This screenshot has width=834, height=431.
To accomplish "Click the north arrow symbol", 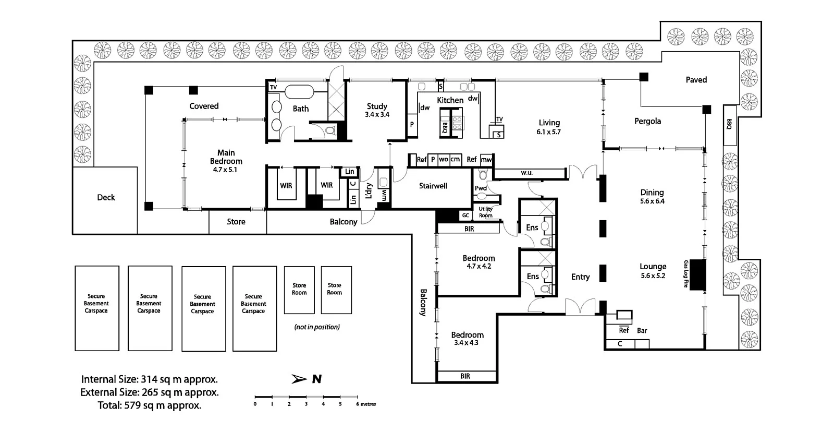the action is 299,379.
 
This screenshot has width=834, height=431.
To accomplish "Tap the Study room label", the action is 377,106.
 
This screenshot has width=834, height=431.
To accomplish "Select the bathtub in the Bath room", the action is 299,92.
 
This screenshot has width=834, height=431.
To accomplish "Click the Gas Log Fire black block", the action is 698,275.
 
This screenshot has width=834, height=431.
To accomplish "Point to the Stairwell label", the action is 433,186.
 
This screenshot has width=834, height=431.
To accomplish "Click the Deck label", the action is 106,197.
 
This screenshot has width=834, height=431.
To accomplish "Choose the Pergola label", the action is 648,121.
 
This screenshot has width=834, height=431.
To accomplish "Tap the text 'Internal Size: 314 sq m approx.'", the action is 149,379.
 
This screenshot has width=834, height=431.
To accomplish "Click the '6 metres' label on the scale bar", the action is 366,404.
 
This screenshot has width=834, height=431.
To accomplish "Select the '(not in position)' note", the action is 317,327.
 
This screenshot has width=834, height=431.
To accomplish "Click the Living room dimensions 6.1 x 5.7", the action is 548,131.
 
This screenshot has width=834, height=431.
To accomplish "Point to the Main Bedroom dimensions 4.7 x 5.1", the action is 225,170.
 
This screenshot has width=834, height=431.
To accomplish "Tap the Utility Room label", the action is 485,212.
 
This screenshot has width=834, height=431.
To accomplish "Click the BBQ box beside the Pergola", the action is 730,125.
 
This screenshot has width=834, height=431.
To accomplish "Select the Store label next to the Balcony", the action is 236,222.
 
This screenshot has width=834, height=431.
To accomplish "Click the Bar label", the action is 642,331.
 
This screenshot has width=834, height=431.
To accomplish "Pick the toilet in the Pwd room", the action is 483,174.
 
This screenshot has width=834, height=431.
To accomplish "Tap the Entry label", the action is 581,277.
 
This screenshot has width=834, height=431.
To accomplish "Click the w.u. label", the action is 526,173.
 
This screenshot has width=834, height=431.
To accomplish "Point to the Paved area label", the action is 696,80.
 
